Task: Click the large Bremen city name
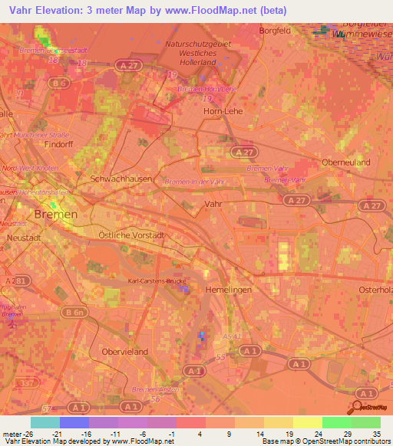click(x=56, y=215)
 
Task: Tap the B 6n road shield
click(x=74, y=312)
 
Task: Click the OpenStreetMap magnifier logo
click(x=358, y=406)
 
